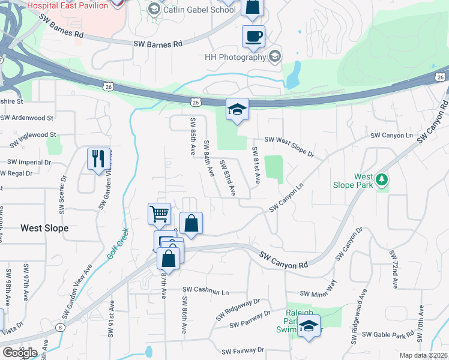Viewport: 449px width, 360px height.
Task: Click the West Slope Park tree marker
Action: click(381, 179)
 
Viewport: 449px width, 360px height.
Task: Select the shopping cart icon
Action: click(159, 213)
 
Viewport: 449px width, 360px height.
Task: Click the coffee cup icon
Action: click(253, 35)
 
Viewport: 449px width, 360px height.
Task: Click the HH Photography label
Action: click(235, 57)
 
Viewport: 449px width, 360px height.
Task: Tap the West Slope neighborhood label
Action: click(44, 228)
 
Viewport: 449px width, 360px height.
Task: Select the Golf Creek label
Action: click(118, 245)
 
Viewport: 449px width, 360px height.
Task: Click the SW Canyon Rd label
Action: click(283, 260)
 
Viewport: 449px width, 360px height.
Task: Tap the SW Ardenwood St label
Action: click(28, 118)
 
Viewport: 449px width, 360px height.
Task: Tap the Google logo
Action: click(20, 352)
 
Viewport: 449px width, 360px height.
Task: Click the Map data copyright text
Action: click(423, 355)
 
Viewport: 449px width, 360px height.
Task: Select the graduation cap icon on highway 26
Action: click(237, 109)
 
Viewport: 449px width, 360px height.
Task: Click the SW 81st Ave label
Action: click(255, 165)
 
